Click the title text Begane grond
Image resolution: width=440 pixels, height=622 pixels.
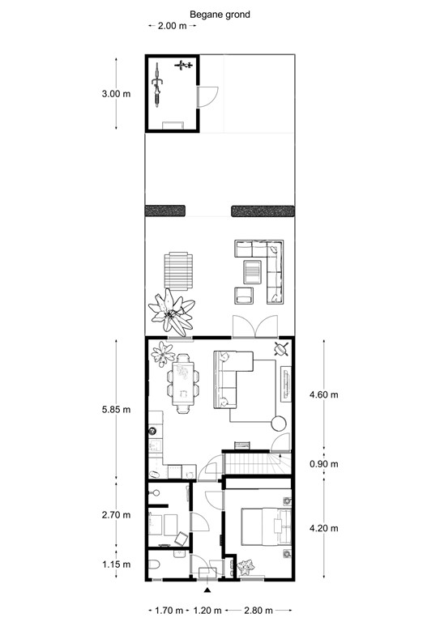[220, 15]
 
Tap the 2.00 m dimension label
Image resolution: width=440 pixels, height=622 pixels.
[172, 26]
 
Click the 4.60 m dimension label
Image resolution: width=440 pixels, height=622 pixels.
[324, 394]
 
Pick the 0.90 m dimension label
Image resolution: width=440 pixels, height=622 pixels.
[324, 464]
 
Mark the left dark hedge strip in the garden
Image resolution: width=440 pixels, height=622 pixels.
[165, 211]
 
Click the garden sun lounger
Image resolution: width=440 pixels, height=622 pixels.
[179, 270]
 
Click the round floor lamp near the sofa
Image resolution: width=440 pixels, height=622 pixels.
[279, 422]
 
